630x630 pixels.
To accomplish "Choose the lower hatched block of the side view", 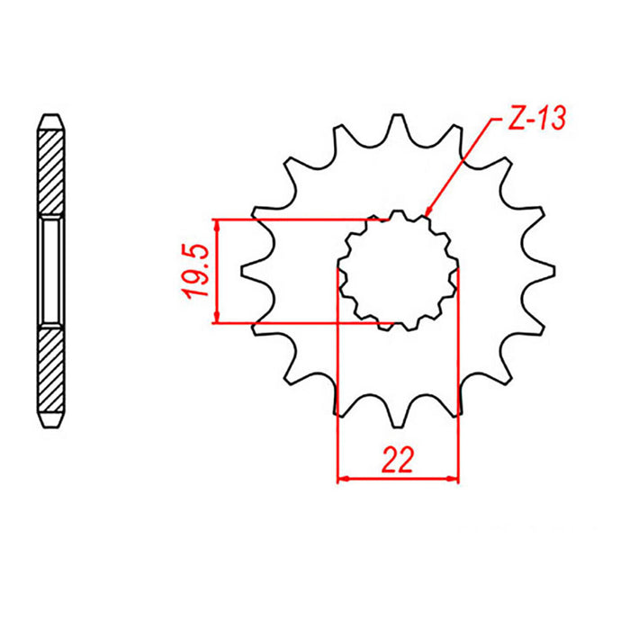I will (x=51, y=370).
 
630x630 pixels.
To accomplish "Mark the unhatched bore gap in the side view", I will (x=51, y=270).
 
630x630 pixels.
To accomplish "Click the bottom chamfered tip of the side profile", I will (x=51, y=420).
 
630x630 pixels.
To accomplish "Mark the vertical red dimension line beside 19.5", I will (x=216, y=270).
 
